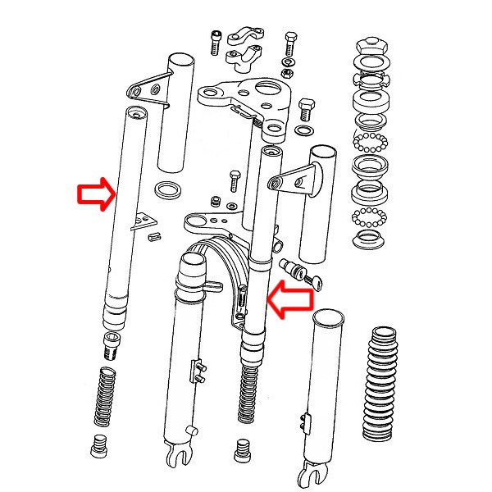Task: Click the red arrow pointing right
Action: [95, 195]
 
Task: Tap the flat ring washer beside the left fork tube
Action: [169, 190]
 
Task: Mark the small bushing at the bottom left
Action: [100, 449]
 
